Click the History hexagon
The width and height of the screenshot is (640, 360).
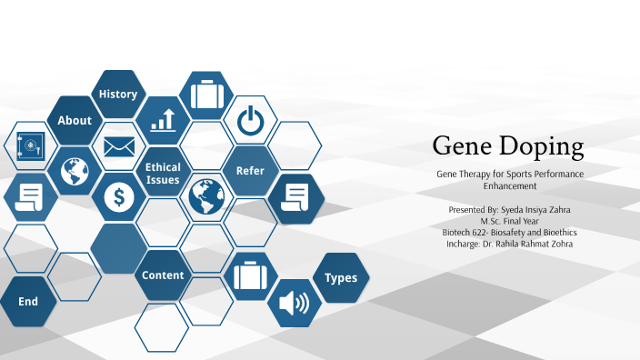coord(118,94)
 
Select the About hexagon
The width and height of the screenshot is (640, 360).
coord(75,120)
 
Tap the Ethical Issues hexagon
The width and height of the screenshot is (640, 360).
coord(163,173)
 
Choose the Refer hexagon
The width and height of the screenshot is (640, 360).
coord(250,170)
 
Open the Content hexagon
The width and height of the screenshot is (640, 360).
coord(163,275)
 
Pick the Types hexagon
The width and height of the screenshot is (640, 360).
coord(341,277)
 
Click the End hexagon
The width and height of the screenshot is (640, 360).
coord(28,301)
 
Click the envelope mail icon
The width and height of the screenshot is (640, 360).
coord(119,145)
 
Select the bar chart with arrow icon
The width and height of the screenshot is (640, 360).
coord(164,119)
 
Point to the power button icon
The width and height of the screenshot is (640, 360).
coord(250,119)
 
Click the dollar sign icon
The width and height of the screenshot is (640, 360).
coord(119,196)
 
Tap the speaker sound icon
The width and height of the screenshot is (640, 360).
coord(295,302)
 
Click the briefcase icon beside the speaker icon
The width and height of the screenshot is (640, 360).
coord(250,275)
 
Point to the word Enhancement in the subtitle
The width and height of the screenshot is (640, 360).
coord(509,185)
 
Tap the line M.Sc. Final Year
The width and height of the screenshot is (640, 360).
coord(509,221)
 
